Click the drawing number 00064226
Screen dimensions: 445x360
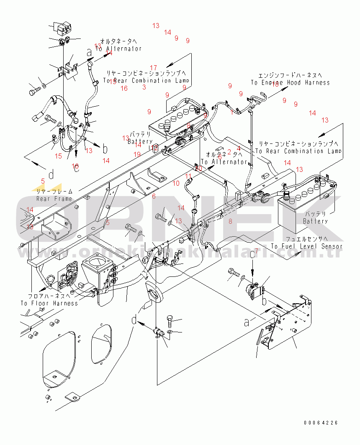coord(321,423)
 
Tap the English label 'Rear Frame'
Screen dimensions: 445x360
coord(54,199)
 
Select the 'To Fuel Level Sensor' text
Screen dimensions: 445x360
coord(307,247)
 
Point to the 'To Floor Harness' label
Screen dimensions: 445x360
coord(49,303)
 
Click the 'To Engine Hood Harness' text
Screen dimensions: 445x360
coord(290,83)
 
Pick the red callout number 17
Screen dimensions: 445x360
coord(153,68)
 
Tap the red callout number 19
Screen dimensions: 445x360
coord(137,154)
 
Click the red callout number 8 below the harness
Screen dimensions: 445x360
coord(230,221)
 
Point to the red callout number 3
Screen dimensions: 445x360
coord(144,87)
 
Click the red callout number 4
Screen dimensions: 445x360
coord(238,148)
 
